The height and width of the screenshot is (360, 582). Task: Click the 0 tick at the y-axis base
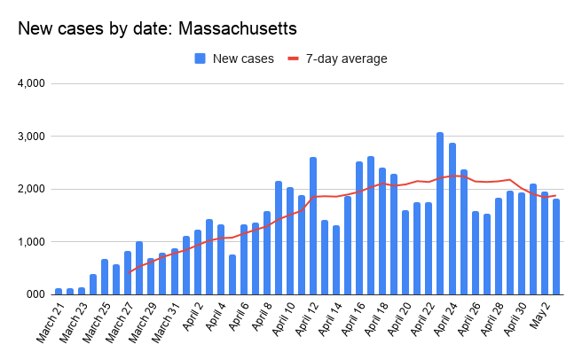(41, 293)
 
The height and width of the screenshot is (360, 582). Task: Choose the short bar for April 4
(232, 274)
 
